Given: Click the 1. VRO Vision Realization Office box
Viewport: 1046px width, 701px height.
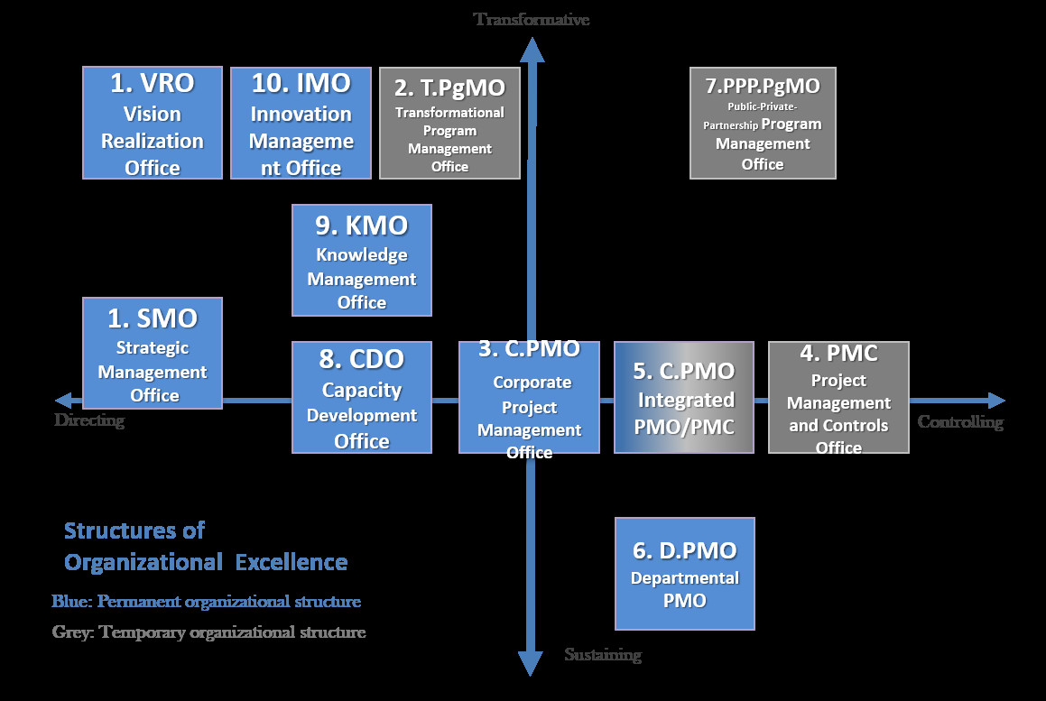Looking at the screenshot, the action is point(153,123).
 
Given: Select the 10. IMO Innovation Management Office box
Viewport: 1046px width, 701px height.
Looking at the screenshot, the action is point(301,123).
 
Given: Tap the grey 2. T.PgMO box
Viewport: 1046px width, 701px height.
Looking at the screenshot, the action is point(449,123).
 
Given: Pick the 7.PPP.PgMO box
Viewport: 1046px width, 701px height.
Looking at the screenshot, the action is point(763,123).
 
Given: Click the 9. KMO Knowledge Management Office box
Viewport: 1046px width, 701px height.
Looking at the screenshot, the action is point(362,260).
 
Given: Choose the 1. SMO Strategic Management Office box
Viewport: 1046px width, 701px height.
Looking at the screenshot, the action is point(153,353).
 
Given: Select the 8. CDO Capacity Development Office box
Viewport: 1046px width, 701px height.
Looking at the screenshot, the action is point(362,398).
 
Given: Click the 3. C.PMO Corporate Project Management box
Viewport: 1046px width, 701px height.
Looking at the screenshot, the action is point(529,398).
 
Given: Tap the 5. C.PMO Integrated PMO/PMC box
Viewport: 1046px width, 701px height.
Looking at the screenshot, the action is point(684,398).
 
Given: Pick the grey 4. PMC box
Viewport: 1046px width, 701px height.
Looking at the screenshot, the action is point(838,398).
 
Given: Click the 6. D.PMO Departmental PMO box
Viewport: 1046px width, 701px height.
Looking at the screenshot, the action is point(684,574).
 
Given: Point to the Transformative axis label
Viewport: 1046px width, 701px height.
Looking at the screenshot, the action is point(532,19).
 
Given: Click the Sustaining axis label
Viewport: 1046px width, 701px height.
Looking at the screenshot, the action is point(603,654).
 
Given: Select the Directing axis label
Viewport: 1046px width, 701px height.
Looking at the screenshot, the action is point(89,420).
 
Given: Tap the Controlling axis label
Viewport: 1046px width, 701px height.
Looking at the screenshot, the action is point(960,421).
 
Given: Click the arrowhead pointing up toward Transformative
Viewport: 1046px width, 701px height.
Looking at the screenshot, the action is point(532,50).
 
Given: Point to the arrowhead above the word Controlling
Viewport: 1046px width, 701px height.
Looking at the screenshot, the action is point(996,401).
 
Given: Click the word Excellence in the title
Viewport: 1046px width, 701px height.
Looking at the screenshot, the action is point(292,562).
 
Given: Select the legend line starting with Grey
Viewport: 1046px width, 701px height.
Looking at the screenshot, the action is point(208,632).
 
